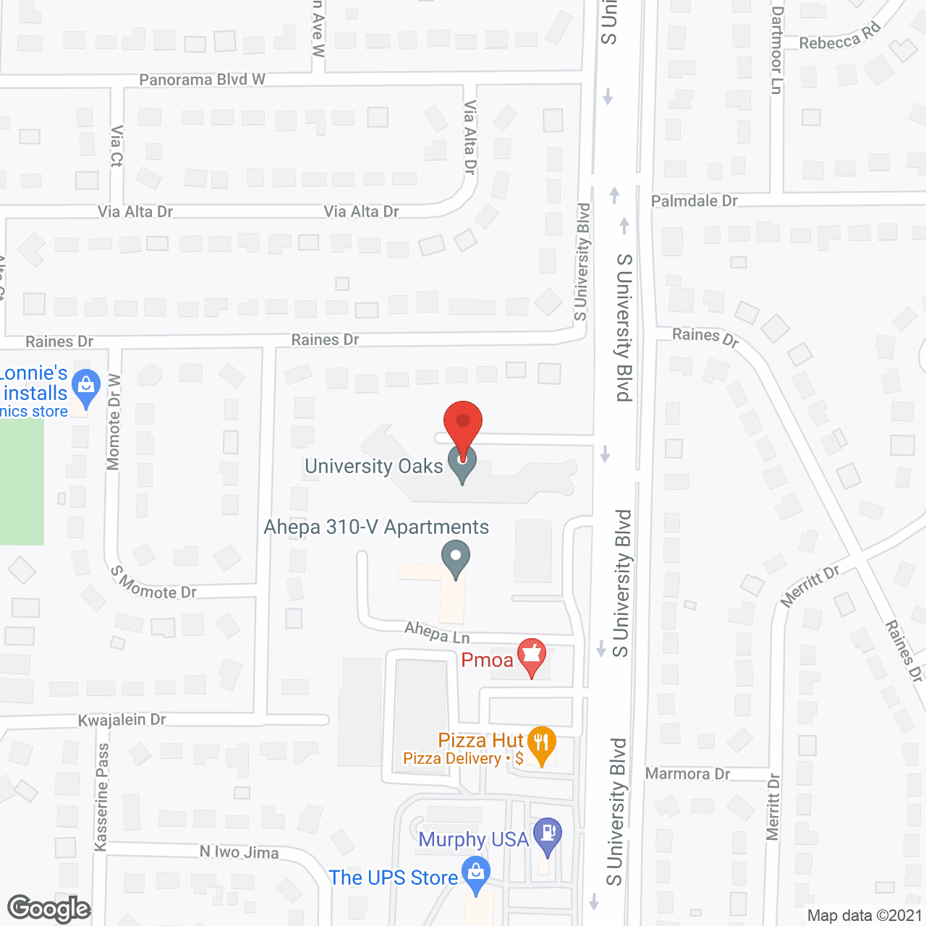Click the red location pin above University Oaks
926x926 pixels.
coord(463,422)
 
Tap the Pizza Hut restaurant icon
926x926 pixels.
coord(541,744)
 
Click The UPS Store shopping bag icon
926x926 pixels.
coord(475,874)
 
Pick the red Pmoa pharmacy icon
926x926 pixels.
coord(532,655)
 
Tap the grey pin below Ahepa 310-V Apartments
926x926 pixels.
coord(456,559)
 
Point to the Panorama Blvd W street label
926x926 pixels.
coord(202,80)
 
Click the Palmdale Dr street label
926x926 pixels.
coord(694,201)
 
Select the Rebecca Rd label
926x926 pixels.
coord(839,38)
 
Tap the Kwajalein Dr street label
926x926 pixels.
coord(122,720)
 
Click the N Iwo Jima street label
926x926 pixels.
coord(239,852)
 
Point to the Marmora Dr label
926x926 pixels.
coord(687,774)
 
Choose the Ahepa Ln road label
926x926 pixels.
coord(437,633)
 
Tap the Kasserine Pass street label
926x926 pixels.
coord(102,796)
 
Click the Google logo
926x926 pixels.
coord(48,909)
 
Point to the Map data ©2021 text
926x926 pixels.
coord(865,916)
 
